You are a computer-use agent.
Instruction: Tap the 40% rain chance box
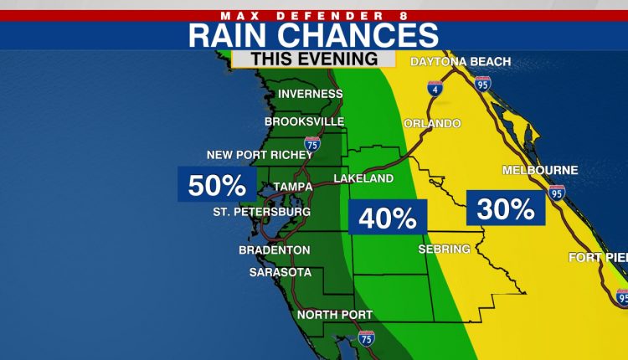click(388, 218)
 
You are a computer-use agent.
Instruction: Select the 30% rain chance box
click(506, 208)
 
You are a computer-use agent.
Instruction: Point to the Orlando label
click(432, 124)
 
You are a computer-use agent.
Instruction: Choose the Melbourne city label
click(540, 170)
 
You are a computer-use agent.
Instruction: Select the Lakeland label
click(363, 179)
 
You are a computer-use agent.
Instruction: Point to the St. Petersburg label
click(261, 213)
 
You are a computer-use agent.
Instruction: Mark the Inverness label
click(311, 94)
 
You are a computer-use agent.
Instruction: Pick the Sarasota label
click(281, 272)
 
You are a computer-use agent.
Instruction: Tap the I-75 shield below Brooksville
click(312, 143)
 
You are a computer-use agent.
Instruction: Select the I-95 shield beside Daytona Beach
click(481, 83)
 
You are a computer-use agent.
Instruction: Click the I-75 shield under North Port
click(366, 337)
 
